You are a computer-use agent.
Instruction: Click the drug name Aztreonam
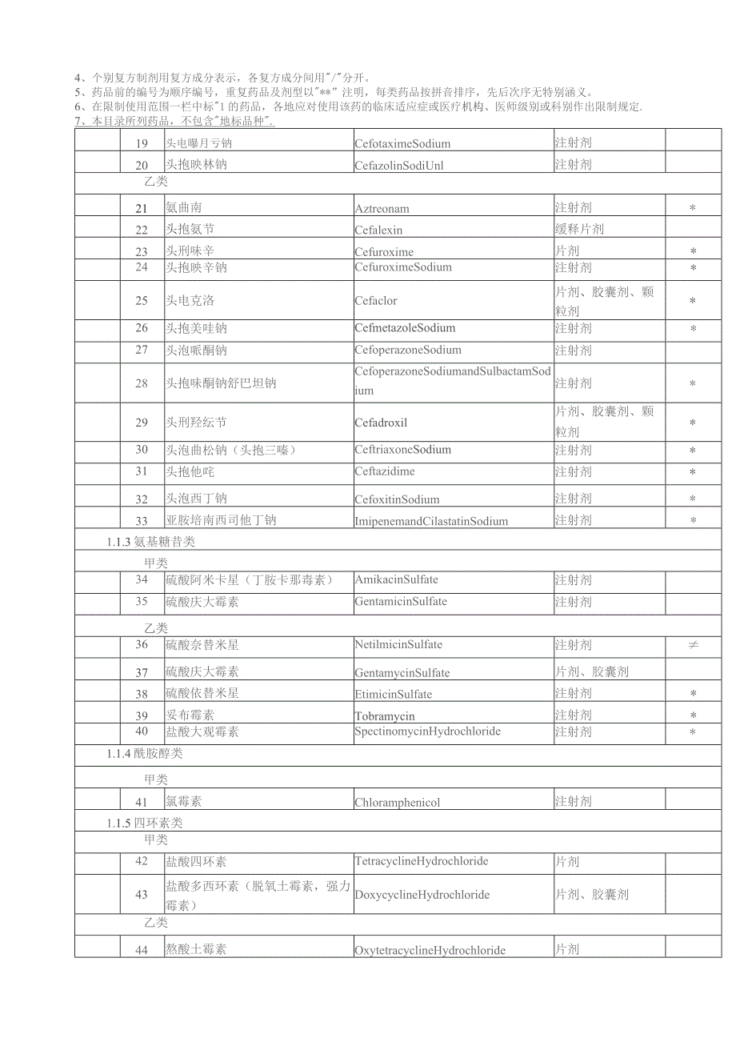tap(382, 209)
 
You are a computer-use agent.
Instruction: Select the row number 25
tap(142, 301)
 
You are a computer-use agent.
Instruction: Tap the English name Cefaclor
tap(376, 301)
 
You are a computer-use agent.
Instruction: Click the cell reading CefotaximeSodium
tap(402, 144)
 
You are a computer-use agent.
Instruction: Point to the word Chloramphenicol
tap(398, 802)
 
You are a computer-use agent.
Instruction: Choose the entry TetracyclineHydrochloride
tap(421, 862)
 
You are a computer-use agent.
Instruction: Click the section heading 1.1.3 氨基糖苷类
tap(150, 542)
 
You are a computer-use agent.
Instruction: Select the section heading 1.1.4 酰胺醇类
tap(150, 753)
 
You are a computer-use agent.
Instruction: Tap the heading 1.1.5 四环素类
tap(150, 823)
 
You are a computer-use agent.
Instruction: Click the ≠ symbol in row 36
tap(693, 645)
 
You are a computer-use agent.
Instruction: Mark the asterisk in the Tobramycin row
tap(693, 715)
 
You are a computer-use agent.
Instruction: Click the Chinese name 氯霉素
tap(185, 801)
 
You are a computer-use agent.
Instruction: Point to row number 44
tap(142, 949)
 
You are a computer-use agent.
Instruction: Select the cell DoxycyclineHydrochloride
tap(422, 895)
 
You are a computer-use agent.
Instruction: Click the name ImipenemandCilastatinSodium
tap(431, 521)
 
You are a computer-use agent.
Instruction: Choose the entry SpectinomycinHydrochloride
tap(427, 731)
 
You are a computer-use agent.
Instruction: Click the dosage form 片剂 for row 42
tap(567, 862)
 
